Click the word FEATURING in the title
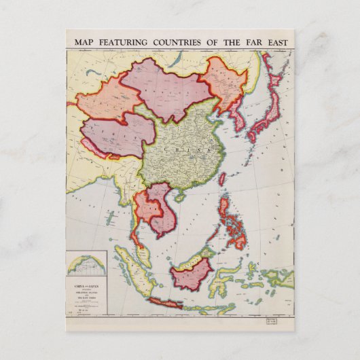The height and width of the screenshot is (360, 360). pyautogui.click(x=121, y=43)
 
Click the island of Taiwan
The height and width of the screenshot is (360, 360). pyautogui.click(x=222, y=179)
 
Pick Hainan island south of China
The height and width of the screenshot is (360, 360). pyautogui.click(x=180, y=196)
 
